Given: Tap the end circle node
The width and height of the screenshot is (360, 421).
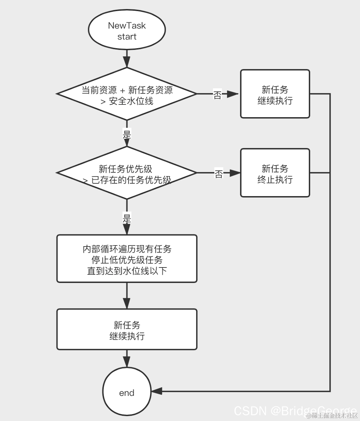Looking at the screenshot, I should [x=127, y=392].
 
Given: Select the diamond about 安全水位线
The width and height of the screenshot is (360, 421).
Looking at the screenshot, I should [x=127, y=94].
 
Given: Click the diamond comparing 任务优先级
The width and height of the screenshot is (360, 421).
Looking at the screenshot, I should [x=127, y=173].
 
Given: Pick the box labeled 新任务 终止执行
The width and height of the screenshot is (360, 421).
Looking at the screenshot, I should [x=275, y=173].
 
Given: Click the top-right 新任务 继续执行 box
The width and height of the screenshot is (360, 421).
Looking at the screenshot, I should [x=275, y=94].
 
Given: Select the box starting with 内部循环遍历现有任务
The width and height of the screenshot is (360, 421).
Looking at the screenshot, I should [x=127, y=259].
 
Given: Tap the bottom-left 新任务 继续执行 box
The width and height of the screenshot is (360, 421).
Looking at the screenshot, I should [x=127, y=329].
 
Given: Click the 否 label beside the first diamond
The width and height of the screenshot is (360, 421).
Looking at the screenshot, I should [x=217, y=95].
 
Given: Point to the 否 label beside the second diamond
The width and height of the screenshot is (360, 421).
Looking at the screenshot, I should [x=219, y=174].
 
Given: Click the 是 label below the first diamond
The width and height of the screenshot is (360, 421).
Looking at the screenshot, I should [x=127, y=133].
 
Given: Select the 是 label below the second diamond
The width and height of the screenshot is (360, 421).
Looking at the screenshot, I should [x=127, y=218].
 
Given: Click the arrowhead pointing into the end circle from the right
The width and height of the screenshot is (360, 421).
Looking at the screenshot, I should [x=157, y=391].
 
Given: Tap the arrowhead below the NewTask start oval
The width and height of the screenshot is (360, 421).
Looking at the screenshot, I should [x=127, y=62].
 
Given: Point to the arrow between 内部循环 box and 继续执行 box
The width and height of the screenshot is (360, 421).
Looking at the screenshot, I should [x=127, y=297].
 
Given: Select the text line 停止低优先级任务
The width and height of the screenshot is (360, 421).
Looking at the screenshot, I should [x=127, y=260].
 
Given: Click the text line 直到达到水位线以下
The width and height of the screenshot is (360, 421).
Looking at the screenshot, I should [x=127, y=271].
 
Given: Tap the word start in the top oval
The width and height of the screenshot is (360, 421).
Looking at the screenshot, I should [x=127, y=37].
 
